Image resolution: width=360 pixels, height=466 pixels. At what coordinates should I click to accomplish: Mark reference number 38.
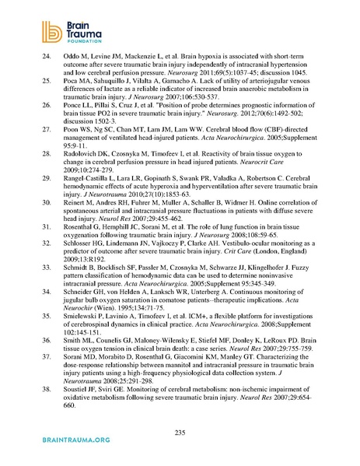[45, 376]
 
